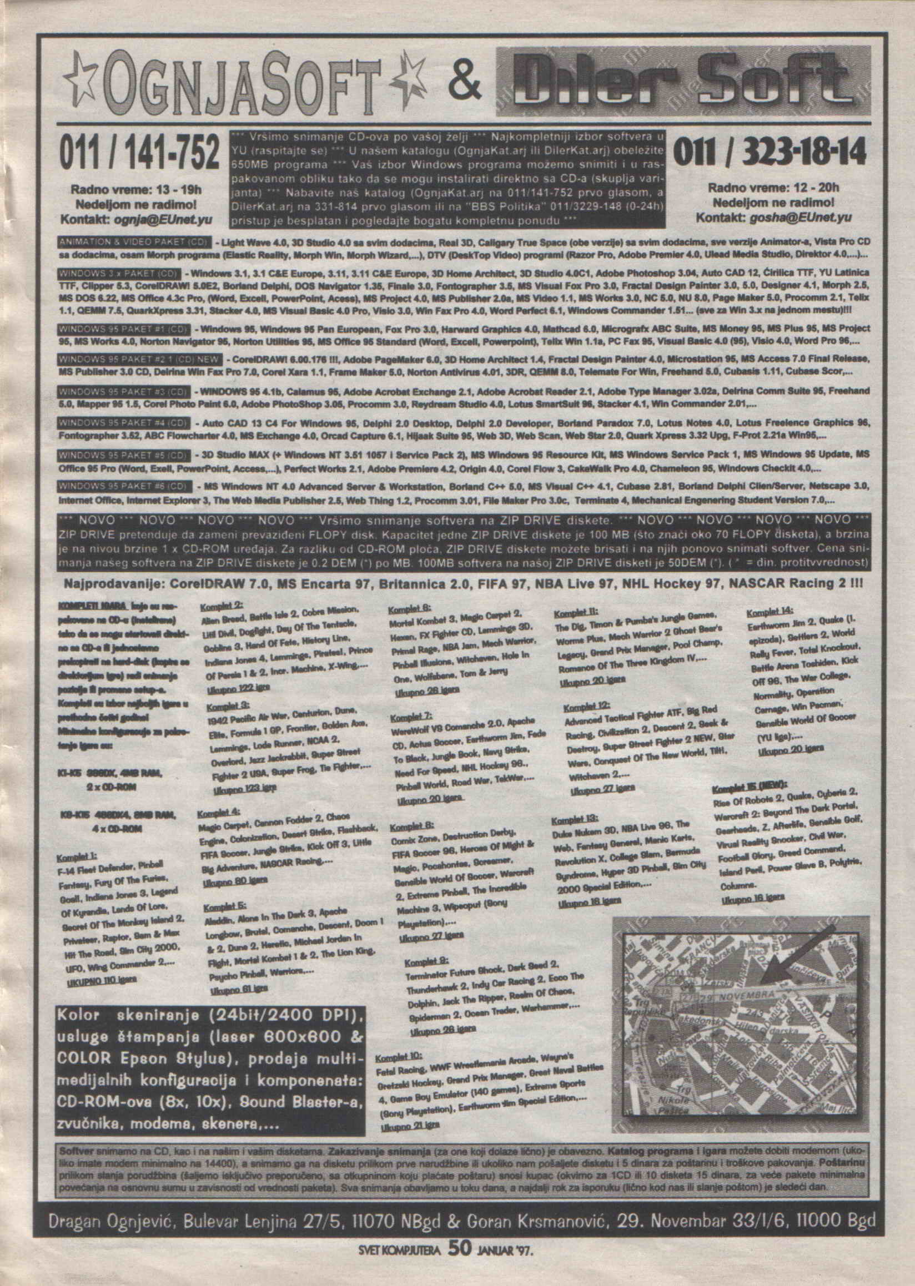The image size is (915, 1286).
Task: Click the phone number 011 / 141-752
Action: (x=139, y=153)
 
